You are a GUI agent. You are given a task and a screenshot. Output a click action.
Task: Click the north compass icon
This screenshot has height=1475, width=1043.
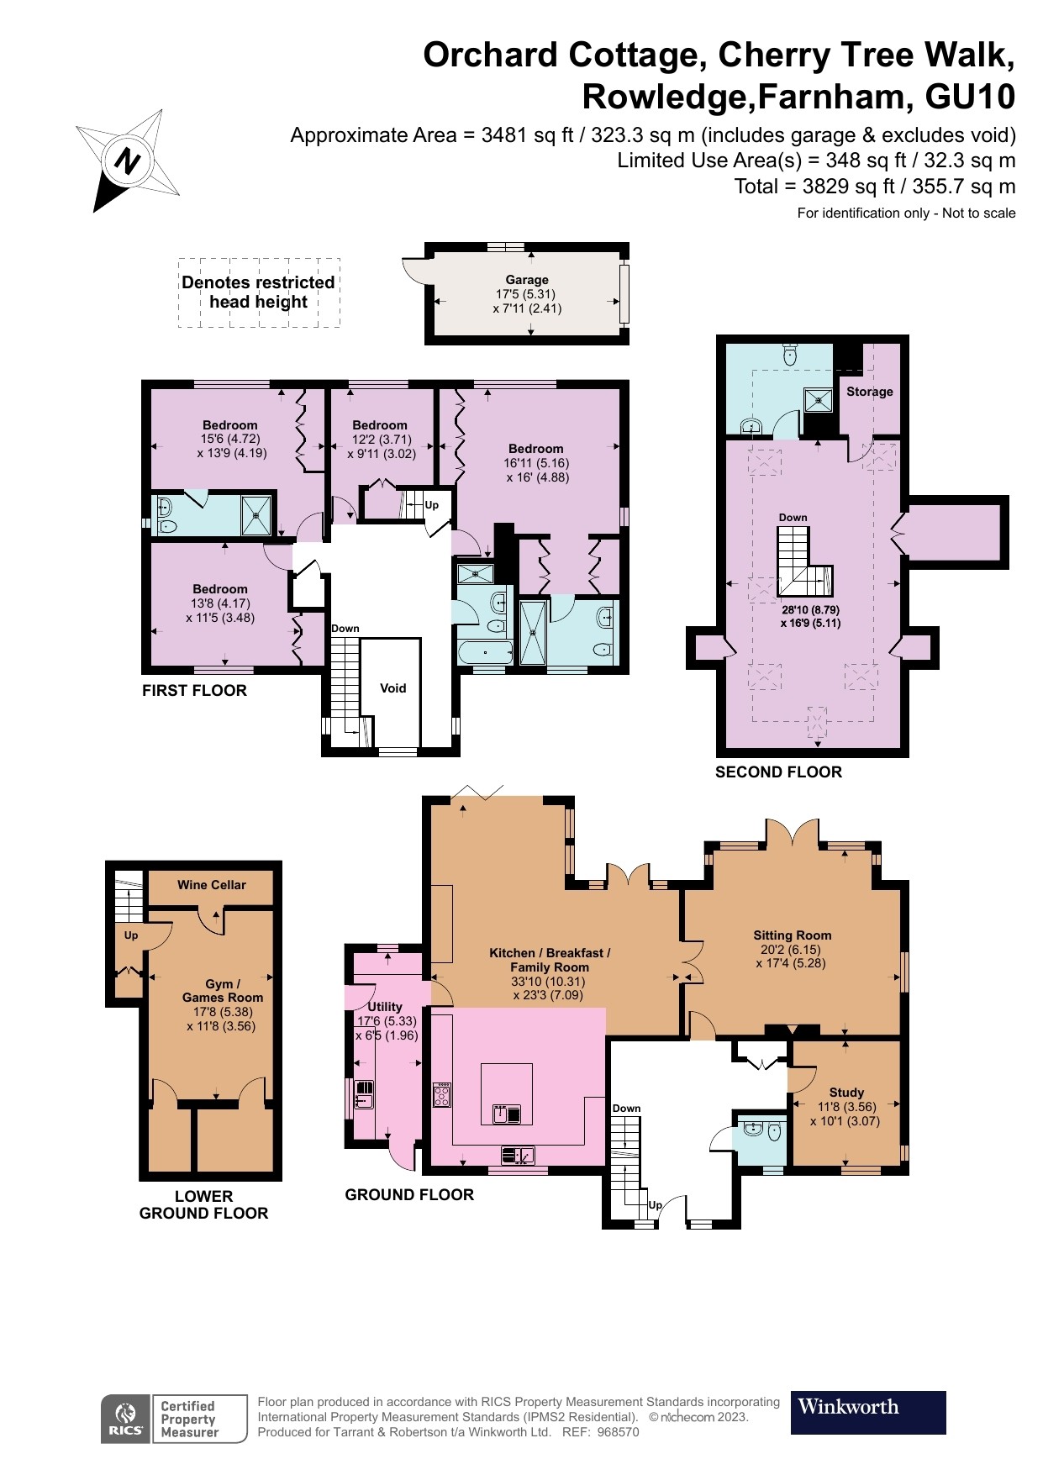pyautogui.click(x=128, y=160)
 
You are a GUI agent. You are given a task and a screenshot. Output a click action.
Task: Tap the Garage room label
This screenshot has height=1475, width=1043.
pyautogui.click(x=527, y=280)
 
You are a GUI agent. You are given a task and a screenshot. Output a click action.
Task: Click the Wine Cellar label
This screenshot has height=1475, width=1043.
pyautogui.click(x=212, y=885)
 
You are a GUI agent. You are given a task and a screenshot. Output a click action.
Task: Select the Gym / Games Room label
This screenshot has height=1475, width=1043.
pyautogui.click(x=223, y=991)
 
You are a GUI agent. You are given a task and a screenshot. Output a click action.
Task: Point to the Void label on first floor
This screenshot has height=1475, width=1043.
pyautogui.click(x=392, y=688)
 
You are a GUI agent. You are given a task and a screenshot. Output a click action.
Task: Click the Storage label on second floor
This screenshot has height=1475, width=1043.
pyautogui.click(x=870, y=392)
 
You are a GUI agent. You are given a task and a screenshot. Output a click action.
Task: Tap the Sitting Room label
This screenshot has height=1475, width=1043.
pyautogui.click(x=792, y=935)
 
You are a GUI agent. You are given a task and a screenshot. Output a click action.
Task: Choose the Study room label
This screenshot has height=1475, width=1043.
pyautogui.click(x=846, y=1093)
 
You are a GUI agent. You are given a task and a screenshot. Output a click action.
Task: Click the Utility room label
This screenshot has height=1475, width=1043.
pyautogui.click(x=385, y=1007)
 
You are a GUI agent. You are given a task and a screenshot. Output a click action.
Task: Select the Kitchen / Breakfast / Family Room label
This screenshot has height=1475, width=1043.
pyautogui.click(x=550, y=960)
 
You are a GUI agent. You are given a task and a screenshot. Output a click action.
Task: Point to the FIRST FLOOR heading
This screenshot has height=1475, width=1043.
pyautogui.click(x=194, y=691)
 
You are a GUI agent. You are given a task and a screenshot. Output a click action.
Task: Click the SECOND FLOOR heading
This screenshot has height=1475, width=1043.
pyautogui.click(x=778, y=772)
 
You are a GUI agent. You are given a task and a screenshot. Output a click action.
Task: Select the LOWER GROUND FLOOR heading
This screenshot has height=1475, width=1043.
pyautogui.click(x=203, y=1204)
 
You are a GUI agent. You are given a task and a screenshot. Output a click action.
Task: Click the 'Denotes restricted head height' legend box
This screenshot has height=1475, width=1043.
pyautogui.click(x=259, y=292)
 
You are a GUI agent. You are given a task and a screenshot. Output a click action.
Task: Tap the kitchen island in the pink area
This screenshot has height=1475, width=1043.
pyautogui.click(x=507, y=1093)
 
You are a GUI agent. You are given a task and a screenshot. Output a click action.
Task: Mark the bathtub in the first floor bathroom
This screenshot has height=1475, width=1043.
pyautogui.click(x=485, y=652)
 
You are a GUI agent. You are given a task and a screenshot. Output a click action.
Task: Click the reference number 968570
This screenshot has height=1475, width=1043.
pyautogui.click(x=617, y=1432)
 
